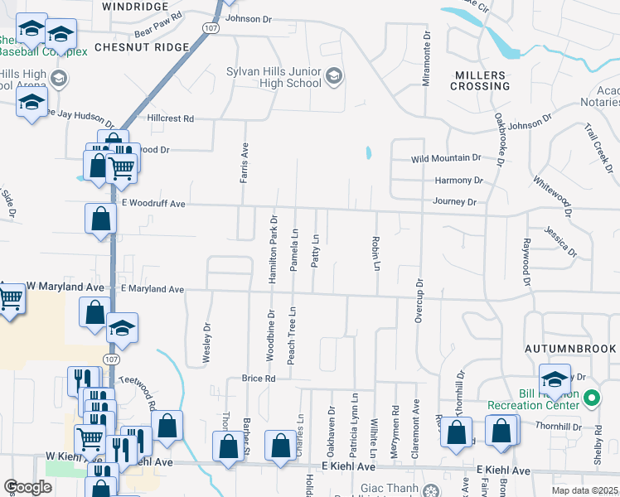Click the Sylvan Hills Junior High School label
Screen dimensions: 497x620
[274, 77]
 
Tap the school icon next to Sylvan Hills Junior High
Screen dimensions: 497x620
[334, 77]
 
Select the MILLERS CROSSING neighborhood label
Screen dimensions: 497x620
[480, 80]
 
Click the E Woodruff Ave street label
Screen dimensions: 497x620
[153, 203]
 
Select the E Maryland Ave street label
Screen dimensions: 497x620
[152, 289]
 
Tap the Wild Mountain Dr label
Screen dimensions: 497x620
[446, 158]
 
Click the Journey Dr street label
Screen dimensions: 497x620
[453, 201]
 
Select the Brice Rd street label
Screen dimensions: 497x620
[258, 379]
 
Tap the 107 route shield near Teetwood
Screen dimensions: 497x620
[110, 358]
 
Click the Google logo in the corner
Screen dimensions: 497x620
[27, 487]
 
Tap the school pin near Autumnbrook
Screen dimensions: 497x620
[555, 379]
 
